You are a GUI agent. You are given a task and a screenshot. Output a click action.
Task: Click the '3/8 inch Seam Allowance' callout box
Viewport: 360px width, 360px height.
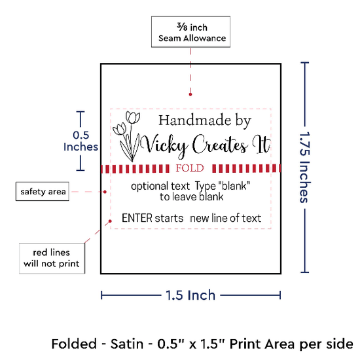tap(190, 32)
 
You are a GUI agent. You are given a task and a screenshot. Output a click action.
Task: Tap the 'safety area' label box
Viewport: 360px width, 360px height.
tap(43, 192)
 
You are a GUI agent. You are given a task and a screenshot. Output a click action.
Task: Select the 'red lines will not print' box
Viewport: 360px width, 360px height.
tap(52, 259)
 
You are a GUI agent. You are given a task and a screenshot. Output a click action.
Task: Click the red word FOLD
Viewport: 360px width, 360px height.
tap(190, 168)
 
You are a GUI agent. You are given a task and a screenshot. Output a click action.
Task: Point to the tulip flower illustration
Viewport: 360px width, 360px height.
tap(126, 136)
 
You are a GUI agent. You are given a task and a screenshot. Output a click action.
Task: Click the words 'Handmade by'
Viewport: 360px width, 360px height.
tap(205, 121)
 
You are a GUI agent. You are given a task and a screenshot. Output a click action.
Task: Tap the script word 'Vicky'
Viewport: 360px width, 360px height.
tap(164, 146)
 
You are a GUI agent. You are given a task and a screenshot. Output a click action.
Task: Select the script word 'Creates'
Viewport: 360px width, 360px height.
tap(220, 145)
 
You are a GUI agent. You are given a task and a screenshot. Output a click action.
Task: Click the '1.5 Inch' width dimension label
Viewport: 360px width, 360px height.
tap(190, 295)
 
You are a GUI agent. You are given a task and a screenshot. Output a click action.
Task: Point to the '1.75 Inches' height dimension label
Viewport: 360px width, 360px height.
tap(305, 168)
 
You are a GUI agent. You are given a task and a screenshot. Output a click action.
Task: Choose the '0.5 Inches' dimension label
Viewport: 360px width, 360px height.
tap(81, 141)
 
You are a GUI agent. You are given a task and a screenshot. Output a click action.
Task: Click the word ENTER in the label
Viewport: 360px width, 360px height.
tap(137, 218)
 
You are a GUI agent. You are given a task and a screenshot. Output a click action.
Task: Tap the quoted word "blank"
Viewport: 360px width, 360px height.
tap(234, 186)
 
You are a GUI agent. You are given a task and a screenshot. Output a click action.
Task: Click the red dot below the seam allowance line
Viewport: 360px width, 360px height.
tap(190, 94)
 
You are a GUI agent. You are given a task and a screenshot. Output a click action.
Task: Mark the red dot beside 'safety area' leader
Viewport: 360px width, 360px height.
tap(105, 192)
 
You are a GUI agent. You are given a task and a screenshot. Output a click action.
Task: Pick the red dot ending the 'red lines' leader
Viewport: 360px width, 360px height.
tap(110, 221)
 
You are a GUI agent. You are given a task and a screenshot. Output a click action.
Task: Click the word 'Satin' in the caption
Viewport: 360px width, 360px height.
tap(127, 344)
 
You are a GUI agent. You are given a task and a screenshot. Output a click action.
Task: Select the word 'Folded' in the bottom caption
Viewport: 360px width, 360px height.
tap(74, 344)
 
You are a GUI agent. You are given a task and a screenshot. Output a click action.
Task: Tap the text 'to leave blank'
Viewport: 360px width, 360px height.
tap(192, 197)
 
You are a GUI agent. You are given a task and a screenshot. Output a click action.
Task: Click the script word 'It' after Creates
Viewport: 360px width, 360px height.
tap(262, 145)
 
